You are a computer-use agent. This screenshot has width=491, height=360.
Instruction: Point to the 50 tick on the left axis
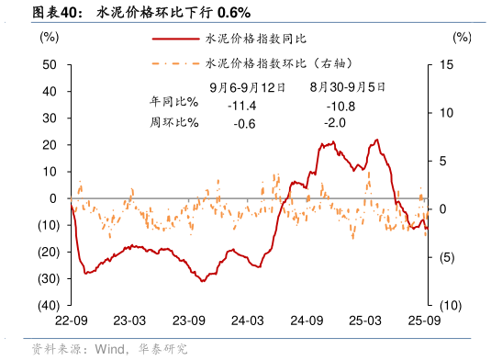[x=50, y=65]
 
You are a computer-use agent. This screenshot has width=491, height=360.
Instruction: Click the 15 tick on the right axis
[x=448, y=65]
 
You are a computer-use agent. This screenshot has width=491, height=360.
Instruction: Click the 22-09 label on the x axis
[x=71, y=321]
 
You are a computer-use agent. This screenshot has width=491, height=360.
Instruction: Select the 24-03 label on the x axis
[x=247, y=321]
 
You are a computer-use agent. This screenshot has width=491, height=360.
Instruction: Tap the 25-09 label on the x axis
[x=423, y=321]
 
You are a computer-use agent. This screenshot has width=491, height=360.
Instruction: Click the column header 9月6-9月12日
[x=247, y=87]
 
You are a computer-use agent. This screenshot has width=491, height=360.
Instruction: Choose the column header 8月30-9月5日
[x=347, y=87]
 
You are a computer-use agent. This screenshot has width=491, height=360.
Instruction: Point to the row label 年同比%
[x=173, y=104]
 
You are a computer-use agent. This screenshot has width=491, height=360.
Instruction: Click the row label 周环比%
[x=173, y=122]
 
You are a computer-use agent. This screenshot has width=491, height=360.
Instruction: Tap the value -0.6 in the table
[x=244, y=123]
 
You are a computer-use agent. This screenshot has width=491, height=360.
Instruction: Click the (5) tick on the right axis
[x=451, y=257]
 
